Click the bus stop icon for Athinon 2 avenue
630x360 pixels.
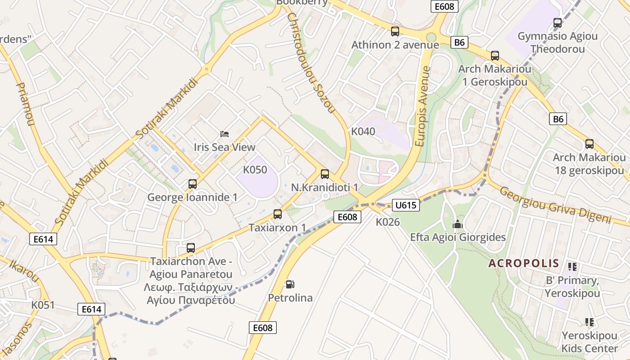(395, 31)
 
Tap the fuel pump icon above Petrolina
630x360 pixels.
(290, 284)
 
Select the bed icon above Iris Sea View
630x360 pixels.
(225, 134)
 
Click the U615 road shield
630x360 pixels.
(406, 205)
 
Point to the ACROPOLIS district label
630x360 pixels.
(524, 263)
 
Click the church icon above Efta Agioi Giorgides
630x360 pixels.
(458, 224)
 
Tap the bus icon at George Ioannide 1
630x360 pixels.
(193, 184)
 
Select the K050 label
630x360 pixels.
(255, 170)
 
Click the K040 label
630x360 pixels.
(363, 131)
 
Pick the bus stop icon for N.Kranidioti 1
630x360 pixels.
(325, 174)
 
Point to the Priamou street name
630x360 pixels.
(25, 103)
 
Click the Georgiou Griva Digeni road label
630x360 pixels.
(555, 205)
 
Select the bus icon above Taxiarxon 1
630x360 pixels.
(278, 214)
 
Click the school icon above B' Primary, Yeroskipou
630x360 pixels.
(572, 267)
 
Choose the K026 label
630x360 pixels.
(388, 222)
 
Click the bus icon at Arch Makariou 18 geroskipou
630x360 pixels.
(589, 144)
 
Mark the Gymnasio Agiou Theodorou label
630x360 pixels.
(558, 42)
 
